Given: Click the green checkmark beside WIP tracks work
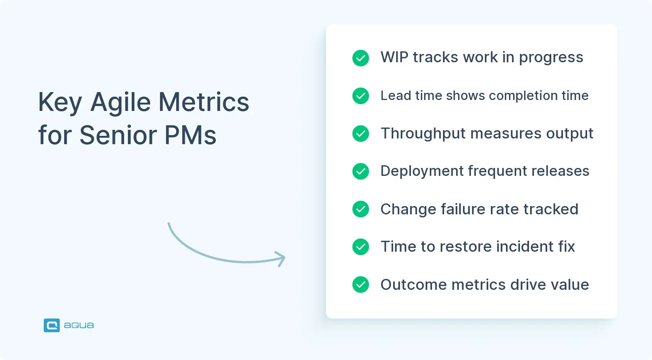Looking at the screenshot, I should (x=361, y=58).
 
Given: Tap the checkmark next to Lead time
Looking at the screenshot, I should (x=361, y=96).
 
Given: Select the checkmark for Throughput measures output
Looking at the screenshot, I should (x=361, y=134).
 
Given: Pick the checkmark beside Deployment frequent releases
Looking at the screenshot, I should (x=361, y=171).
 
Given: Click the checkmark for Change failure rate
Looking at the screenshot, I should (x=361, y=209).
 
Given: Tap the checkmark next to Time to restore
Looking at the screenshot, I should (x=361, y=247).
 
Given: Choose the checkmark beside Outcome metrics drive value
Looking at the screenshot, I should (x=361, y=285).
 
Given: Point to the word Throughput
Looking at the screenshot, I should (x=423, y=134).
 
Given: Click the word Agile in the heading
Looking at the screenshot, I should (x=121, y=103).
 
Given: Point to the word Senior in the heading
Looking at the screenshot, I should (x=118, y=135).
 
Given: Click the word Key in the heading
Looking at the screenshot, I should (x=60, y=103).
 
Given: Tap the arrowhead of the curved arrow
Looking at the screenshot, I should (x=281, y=258).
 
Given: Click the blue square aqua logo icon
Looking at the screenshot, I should (x=52, y=325).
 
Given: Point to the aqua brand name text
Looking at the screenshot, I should (x=79, y=325).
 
